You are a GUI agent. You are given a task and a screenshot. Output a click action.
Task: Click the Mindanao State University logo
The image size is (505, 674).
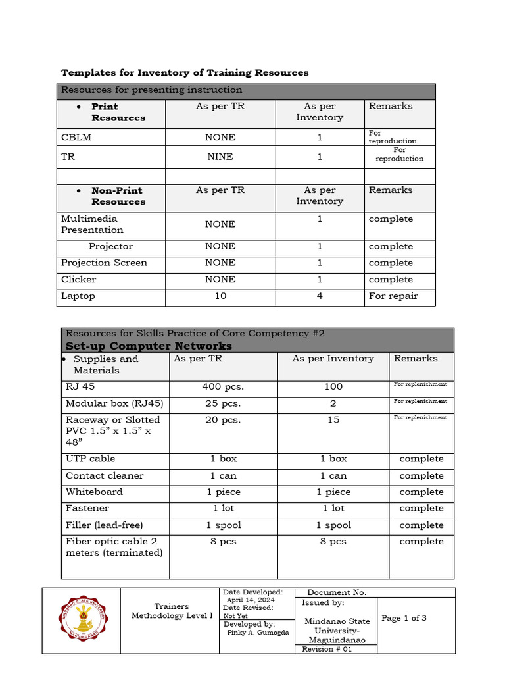point(81,619)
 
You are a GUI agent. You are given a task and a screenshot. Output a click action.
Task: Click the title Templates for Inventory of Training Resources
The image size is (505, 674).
point(185,72)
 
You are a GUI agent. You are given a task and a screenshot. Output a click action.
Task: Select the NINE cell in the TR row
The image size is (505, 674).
point(220,157)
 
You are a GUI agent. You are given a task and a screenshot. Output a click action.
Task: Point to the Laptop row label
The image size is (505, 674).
point(78,296)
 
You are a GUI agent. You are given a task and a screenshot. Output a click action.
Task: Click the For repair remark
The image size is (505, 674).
point(393,296)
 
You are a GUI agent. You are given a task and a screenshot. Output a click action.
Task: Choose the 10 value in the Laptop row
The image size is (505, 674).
point(220,296)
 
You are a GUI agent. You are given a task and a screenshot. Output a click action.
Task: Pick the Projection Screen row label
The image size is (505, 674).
point(104,263)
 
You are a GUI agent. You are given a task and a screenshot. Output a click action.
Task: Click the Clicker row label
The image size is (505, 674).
point(78,280)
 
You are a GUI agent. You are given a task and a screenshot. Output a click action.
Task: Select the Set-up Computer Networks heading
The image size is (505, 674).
point(149,346)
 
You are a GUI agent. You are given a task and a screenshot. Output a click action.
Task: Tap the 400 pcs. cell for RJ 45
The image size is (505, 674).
point(223,386)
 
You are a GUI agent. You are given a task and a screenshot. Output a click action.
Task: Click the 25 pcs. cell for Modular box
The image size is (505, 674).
point(223,403)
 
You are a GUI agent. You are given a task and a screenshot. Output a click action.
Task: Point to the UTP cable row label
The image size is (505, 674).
point(91,459)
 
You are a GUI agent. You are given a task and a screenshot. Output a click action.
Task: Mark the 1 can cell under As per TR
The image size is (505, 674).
point(223,475)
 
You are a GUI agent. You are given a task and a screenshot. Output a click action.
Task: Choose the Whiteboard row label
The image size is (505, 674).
point(94,492)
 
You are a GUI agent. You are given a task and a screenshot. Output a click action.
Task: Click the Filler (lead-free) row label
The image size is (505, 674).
point(104,525)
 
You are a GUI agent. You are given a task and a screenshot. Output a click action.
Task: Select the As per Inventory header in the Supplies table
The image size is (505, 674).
point(333,359)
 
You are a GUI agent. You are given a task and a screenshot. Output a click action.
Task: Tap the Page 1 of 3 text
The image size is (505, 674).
point(404,618)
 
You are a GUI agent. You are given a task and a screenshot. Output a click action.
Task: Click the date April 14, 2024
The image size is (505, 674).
point(251,600)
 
